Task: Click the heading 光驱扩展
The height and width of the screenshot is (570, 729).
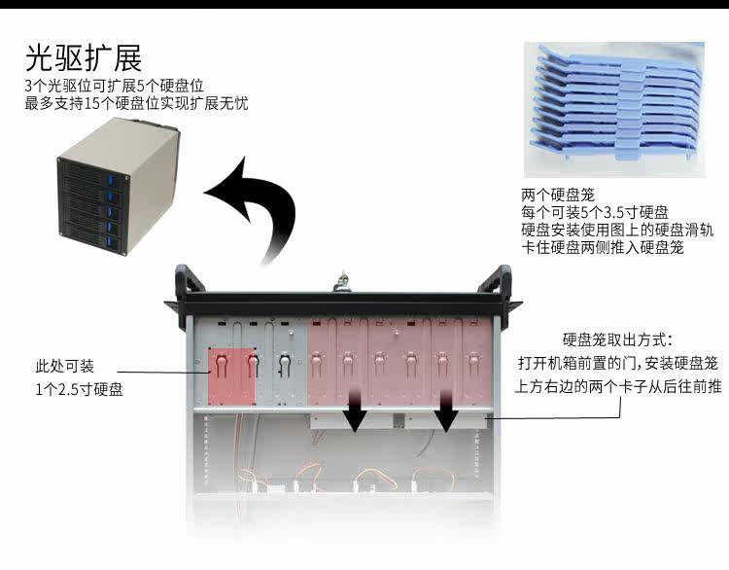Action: [84, 57]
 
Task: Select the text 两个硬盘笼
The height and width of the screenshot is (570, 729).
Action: [557, 196]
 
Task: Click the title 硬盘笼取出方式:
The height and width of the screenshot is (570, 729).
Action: [617, 340]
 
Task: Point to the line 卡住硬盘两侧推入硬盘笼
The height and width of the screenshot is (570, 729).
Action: [603, 248]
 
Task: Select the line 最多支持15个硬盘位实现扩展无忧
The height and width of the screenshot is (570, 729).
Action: [136, 102]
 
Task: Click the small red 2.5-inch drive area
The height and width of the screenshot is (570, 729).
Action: [232, 375]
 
